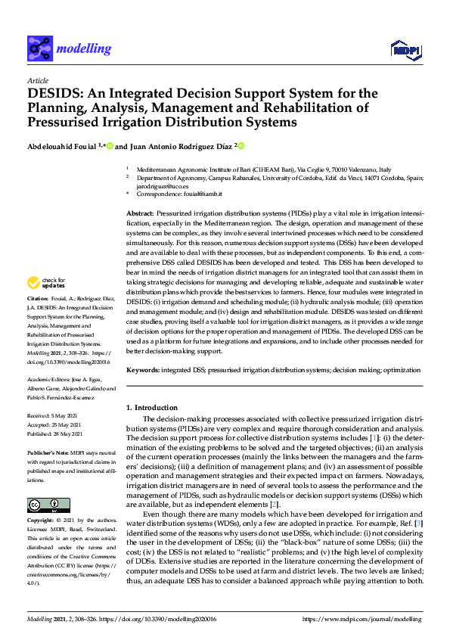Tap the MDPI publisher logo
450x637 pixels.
pyautogui.click(x=406, y=51)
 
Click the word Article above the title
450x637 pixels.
pyautogui.click(x=37, y=81)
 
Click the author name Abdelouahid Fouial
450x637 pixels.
pyautogui.click(x=64, y=145)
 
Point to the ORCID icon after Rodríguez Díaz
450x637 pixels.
pyautogui.click(x=241, y=145)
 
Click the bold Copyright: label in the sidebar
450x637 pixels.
pyautogui.click(x=42, y=520)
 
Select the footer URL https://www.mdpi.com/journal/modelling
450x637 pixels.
pyautogui.click(x=362, y=619)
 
